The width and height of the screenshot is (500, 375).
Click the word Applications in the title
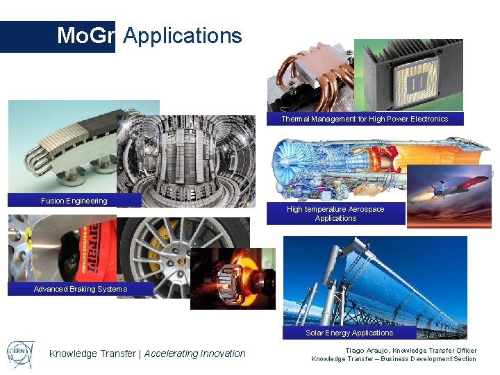pyautogui.click(x=183, y=35)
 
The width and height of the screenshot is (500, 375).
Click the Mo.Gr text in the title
pyautogui.click(x=85, y=35)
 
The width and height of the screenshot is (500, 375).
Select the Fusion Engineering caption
pyautogui.click(x=74, y=201)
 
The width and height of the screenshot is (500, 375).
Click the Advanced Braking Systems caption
pyautogui.click(x=81, y=289)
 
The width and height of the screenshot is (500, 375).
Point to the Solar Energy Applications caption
pyautogui.click(x=349, y=333)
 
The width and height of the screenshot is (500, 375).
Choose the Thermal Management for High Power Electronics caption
pyautogui.click(x=365, y=119)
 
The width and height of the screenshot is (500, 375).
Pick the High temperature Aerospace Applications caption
pyautogui.click(x=335, y=213)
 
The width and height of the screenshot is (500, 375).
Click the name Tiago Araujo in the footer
pyautogui.click(x=368, y=351)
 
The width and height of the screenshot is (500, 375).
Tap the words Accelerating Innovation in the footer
pyautogui.click(x=195, y=353)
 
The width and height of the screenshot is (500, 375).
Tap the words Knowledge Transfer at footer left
pyautogui.click(x=92, y=353)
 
